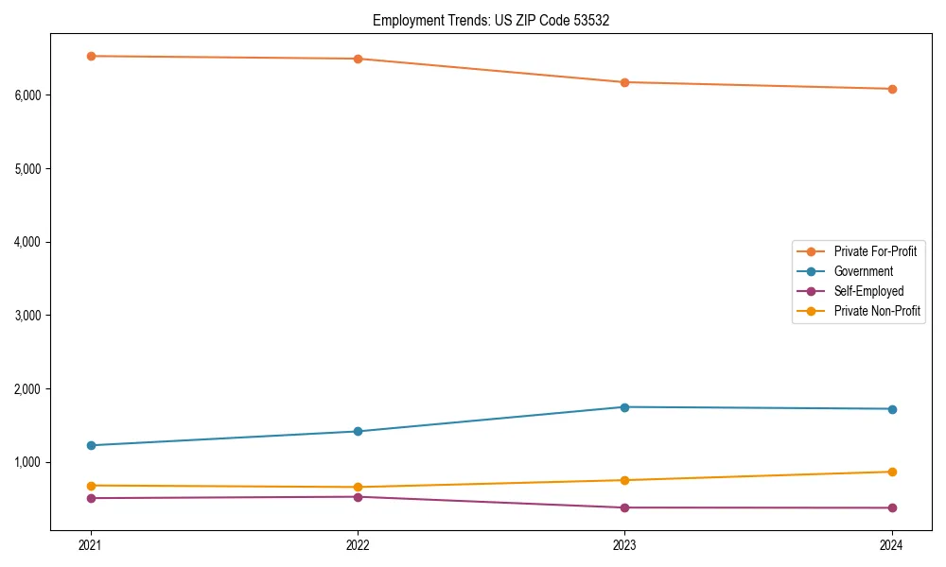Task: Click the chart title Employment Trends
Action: tap(490, 20)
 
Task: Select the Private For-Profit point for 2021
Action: tap(91, 56)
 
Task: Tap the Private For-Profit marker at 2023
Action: tap(624, 82)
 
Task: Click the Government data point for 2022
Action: tap(358, 431)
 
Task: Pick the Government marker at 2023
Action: tap(624, 407)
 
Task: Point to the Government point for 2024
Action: tap(892, 409)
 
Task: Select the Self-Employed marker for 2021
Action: tap(91, 498)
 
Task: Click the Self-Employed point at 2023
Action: tap(624, 507)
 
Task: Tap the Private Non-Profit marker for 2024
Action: tap(892, 472)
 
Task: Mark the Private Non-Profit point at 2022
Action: tap(358, 488)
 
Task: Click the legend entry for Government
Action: tap(863, 271)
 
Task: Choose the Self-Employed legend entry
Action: tap(868, 291)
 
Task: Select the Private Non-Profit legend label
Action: tap(877, 311)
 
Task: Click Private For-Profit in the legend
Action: tap(875, 251)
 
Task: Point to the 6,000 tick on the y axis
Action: tap(28, 95)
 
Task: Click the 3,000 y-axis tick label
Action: tap(28, 316)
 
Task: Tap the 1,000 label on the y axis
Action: tap(28, 462)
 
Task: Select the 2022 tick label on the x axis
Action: tap(358, 544)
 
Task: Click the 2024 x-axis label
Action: tap(892, 544)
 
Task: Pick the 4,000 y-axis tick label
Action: tap(28, 242)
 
